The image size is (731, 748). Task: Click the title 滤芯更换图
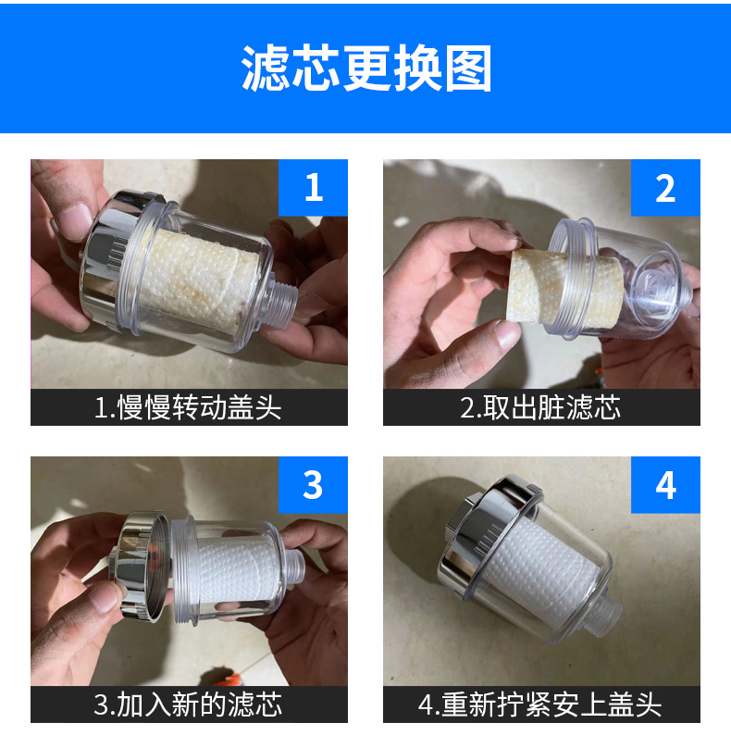[366, 68]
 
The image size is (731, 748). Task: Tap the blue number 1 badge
[313, 188]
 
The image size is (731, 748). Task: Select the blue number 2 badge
[665, 188]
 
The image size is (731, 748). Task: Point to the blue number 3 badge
[313, 485]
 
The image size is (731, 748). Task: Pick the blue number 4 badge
[665, 485]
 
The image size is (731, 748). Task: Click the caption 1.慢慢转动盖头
[188, 407]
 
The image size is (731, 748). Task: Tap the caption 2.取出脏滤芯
[540, 407]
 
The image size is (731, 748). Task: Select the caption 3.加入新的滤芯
[188, 704]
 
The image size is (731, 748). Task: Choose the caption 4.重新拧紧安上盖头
[540, 704]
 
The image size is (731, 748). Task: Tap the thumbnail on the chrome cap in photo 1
[75, 221]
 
